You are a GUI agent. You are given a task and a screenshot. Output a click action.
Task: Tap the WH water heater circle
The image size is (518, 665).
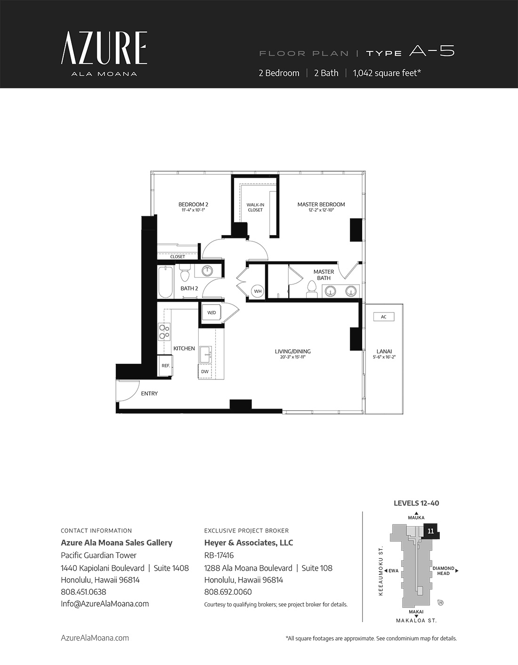pyautogui.click(x=258, y=291)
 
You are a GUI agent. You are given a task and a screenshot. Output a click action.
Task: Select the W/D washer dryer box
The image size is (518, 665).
pyautogui.click(x=211, y=312)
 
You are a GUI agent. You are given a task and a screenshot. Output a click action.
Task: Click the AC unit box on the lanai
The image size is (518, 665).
pyautogui.click(x=384, y=317)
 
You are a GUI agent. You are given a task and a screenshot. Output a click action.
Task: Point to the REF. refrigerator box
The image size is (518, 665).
pyautogui.click(x=165, y=365)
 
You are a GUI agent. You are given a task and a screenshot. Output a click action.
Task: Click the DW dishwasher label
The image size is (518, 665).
pyautogui.click(x=205, y=371)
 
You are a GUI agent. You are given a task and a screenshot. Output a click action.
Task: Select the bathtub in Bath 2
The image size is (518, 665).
pyautogui.click(x=166, y=281)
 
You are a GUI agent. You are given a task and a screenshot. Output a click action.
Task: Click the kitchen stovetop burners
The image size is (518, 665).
pyautogui.click(x=164, y=332)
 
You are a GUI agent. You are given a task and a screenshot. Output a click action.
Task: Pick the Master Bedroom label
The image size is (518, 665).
pyautogui.click(x=321, y=205)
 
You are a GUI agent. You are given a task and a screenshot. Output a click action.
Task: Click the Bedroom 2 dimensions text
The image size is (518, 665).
pyautogui.click(x=193, y=210)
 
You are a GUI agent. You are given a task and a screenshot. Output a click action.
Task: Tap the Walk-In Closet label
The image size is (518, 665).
pyautogui.click(x=255, y=207)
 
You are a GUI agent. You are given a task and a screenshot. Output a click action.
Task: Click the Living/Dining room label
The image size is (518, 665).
pyautogui.click(x=292, y=351)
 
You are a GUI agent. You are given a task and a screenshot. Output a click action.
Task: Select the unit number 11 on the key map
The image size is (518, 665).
pyautogui.click(x=430, y=531)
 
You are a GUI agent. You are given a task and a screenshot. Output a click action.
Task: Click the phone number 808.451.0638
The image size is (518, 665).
pyautogui.click(x=83, y=592)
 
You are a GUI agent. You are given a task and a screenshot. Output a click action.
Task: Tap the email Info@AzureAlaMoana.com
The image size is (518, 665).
pyautogui.click(x=105, y=604)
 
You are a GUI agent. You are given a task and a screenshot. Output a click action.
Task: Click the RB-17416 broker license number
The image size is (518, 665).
pyautogui.click(x=219, y=555)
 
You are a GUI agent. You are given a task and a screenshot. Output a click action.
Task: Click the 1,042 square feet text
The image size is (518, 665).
pyautogui.click(x=387, y=73)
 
